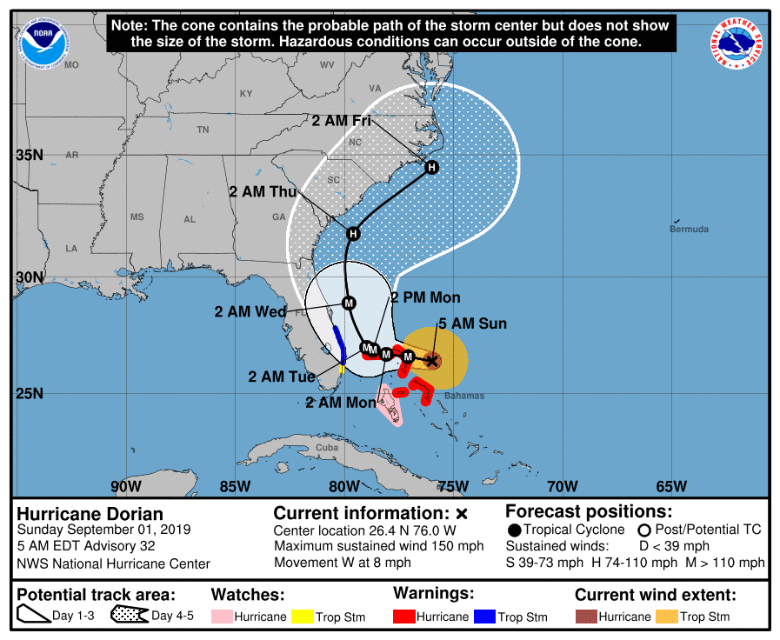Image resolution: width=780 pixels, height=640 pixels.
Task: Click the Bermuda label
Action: click(x=689, y=230)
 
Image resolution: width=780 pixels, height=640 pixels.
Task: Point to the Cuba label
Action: click(x=326, y=448)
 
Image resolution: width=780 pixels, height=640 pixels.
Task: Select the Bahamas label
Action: click(x=459, y=395)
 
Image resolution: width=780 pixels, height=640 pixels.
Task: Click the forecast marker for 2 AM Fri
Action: click(x=431, y=167)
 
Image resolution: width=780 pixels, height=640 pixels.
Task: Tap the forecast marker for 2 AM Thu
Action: click(x=353, y=233)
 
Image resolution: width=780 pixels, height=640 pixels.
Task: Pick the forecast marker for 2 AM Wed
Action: click(x=349, y=303)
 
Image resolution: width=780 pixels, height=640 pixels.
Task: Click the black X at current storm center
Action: click(x=431, y=359)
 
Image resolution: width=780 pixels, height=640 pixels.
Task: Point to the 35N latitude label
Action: click(x=30, y=155)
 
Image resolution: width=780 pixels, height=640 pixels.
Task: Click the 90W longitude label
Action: click(x=126, y=485)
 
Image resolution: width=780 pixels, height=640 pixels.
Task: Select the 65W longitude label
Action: click(x=671, y=485)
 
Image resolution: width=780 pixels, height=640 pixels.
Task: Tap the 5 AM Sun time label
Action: click(x=472, y=324)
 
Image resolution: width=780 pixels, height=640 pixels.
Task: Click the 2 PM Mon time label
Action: click(x=425, y=297)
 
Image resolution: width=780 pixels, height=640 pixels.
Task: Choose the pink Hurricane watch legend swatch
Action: click(x=223, y=617)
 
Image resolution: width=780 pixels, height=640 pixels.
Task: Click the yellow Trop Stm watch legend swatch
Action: click(x=302, y=617)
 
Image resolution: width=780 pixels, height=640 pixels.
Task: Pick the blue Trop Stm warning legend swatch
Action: click(x=483, y=617)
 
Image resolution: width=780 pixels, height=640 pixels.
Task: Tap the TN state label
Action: click(x=203, y=130)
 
